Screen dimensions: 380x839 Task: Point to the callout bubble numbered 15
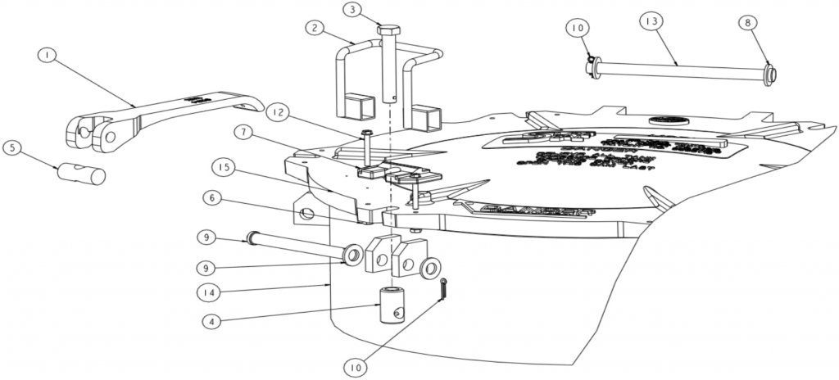[x=222, y=168]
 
